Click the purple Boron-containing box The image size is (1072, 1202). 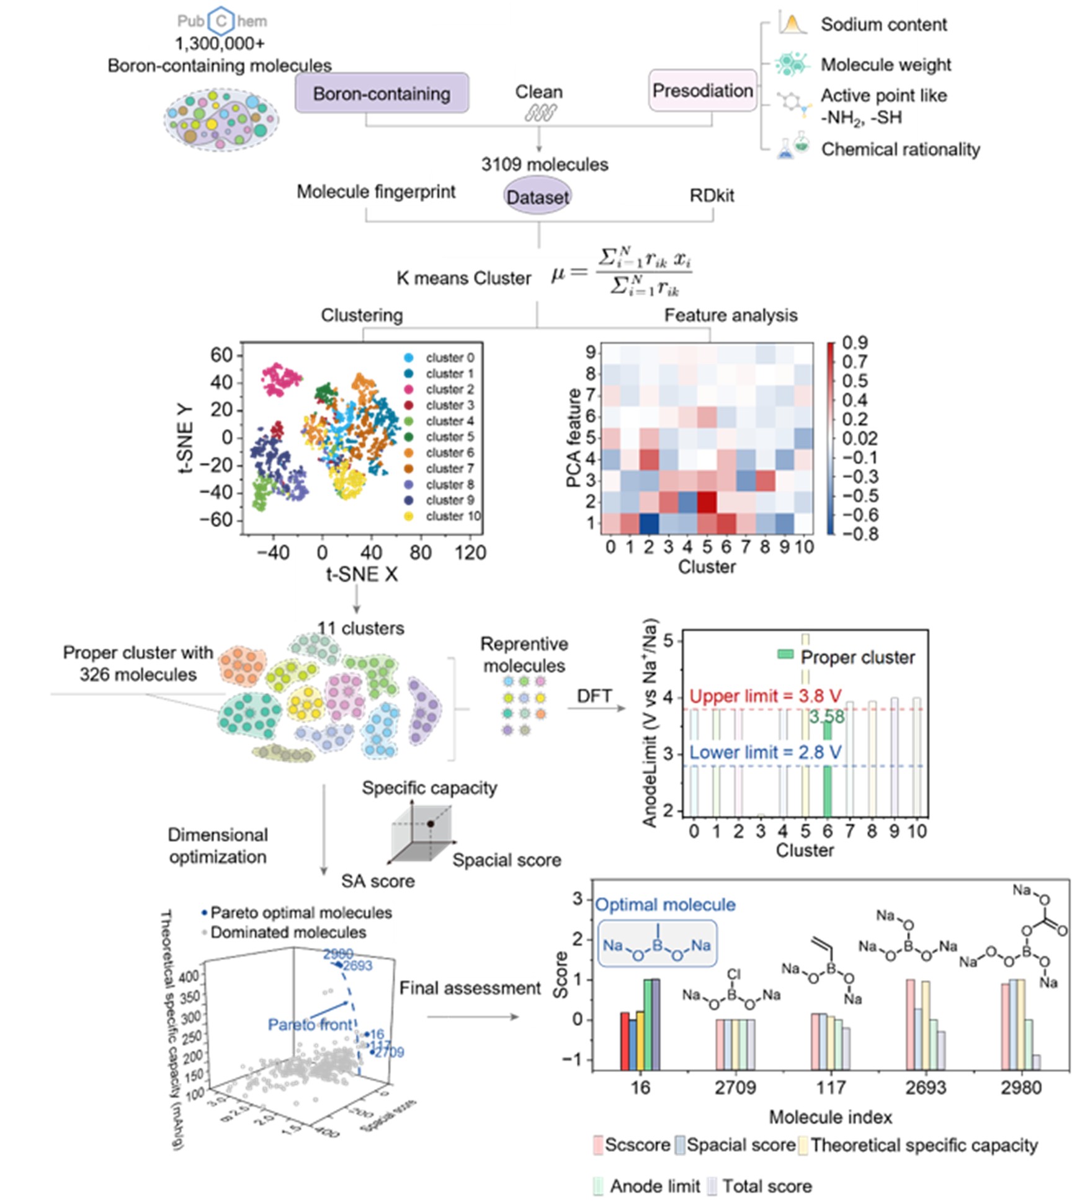[382, 93]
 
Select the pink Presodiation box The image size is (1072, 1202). [702, 91]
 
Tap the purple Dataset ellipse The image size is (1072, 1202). [537, 197]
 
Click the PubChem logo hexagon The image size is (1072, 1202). [221, 21]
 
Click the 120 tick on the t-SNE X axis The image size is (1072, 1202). [470, 552]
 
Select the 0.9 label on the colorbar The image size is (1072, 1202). [855, 343]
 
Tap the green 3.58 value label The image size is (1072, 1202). [827, 717]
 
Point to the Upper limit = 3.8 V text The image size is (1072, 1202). [765, 696]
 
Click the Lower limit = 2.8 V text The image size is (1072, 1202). [765, 753]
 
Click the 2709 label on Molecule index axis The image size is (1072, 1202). [735, 1088]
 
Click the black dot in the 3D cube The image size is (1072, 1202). [430, 824]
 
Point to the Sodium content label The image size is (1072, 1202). [883, 25]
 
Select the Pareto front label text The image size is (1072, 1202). [310, 1025]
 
